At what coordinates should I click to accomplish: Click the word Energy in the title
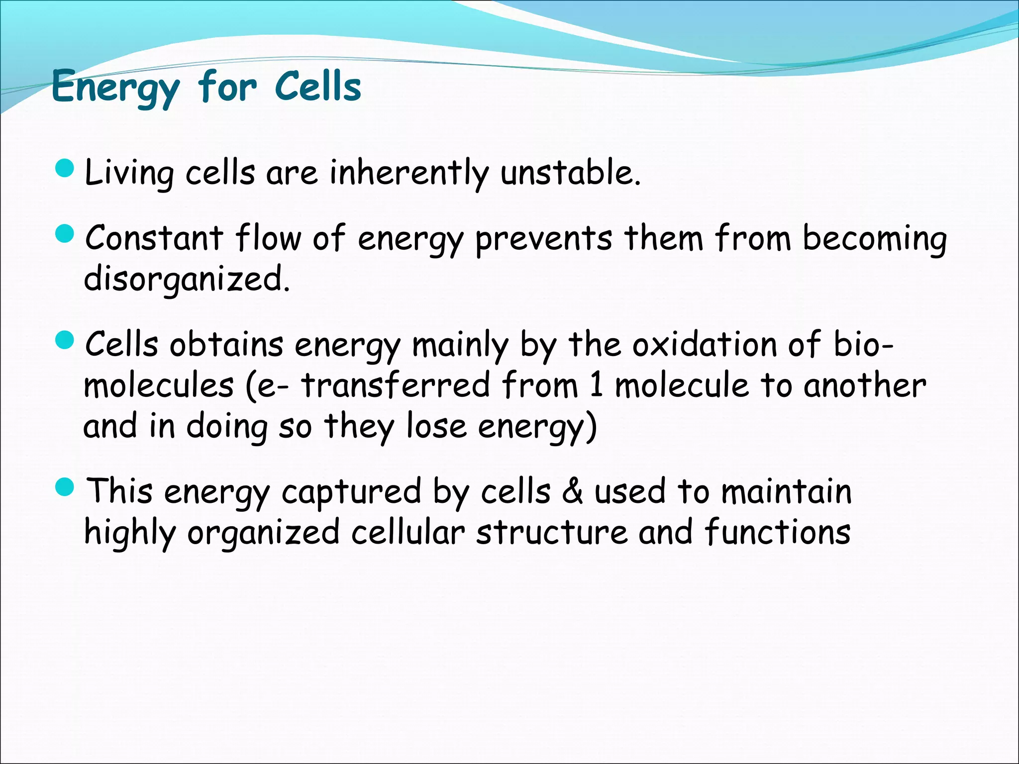pyautogui.click(x=115, y=88)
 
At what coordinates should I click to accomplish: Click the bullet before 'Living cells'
pyautogui.click(x=65, y=170)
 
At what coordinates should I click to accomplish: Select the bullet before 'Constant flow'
pyautogui.click(x=65, y=233)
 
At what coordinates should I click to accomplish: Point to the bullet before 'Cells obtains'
pyautogui.click(x=65, y=341)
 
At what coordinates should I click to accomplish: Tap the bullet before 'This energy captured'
pyautogui.click(x=65, y=488)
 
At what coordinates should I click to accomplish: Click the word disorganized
pyautogui.click(x=186, y=279)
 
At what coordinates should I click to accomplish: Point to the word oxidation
pyautogui.click(x=704, y=344)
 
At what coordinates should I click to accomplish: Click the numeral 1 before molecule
pyautogui.click(x=597, y=385)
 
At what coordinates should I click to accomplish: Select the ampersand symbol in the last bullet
pyautogui.click(x=573, y=491)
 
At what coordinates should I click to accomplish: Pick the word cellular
pyautogui.click(x=408, y=532)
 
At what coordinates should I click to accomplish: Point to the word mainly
pyautogui.click(x=460, y=345)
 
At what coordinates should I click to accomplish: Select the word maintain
pyautogui.click(x=786, y=491)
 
